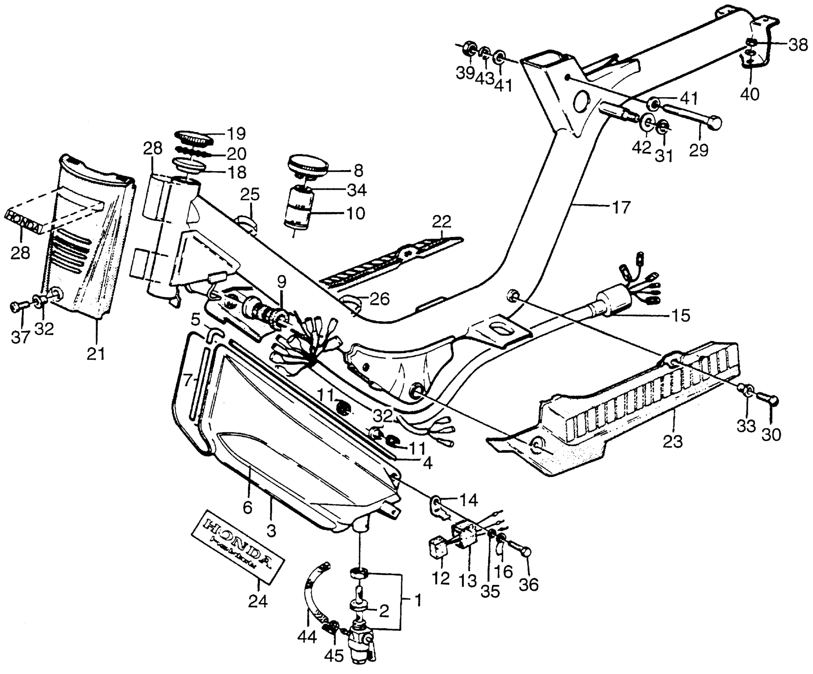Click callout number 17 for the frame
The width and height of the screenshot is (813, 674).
click(x=621, y=207)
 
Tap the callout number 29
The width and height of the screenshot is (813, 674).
click(x=699, y=150)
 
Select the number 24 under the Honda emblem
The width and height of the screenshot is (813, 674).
click(x=258, y=601)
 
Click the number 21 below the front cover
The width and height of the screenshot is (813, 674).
click(x=96, y=353)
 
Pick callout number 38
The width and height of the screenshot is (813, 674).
click(x=798, y=46)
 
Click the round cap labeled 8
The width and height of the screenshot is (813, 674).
click(x=309, y=166)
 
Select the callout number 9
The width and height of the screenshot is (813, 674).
click(x=281, y=282)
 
